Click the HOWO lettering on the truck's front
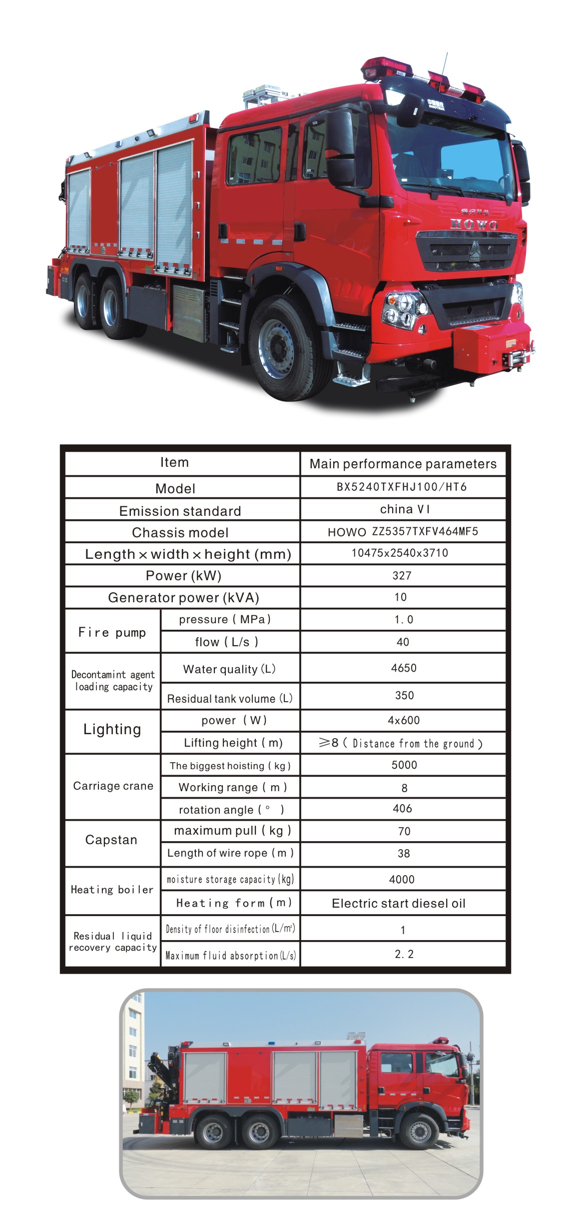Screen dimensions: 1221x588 click(x=474, y=224)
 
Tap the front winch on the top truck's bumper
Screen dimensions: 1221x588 click(x=510, y=358)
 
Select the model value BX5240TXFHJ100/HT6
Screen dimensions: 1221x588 click(x=402, y=487)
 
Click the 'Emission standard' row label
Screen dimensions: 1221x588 click(x=180, y=511)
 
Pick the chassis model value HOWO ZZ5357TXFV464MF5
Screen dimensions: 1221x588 click(x=403, y=532)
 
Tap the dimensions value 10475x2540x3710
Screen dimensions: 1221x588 click(x=400, y=553)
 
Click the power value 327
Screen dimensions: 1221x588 click(x=402, y=575)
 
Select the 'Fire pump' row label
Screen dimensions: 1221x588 click(x=112, y=632)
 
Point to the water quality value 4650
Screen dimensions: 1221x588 click(x=404, y=668)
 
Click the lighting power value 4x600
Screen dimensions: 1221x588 click(x=404, y=720)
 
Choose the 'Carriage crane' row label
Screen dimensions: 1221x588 click(x=113, y=786)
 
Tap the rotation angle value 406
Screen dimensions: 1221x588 click(x=402, y=808)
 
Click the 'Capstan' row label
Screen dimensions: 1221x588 click(x=111, y=840)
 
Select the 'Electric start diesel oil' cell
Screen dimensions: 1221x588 click(x=398, y=903)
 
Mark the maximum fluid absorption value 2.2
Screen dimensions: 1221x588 click(x=404, y=954)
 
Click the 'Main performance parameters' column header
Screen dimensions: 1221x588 click(x=403, y=464)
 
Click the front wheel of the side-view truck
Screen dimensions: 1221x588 click(x=419, y=1131)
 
